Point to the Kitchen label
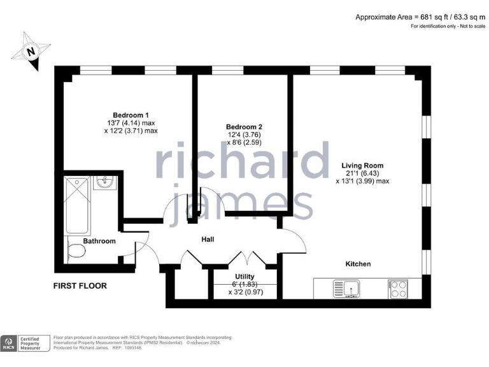(358, 264)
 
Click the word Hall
(207, 240)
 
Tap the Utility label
(245, 277)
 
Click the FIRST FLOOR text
(80, 286)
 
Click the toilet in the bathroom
(76, 250)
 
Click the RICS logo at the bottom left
(10, 344)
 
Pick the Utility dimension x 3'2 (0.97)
(245, 292)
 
